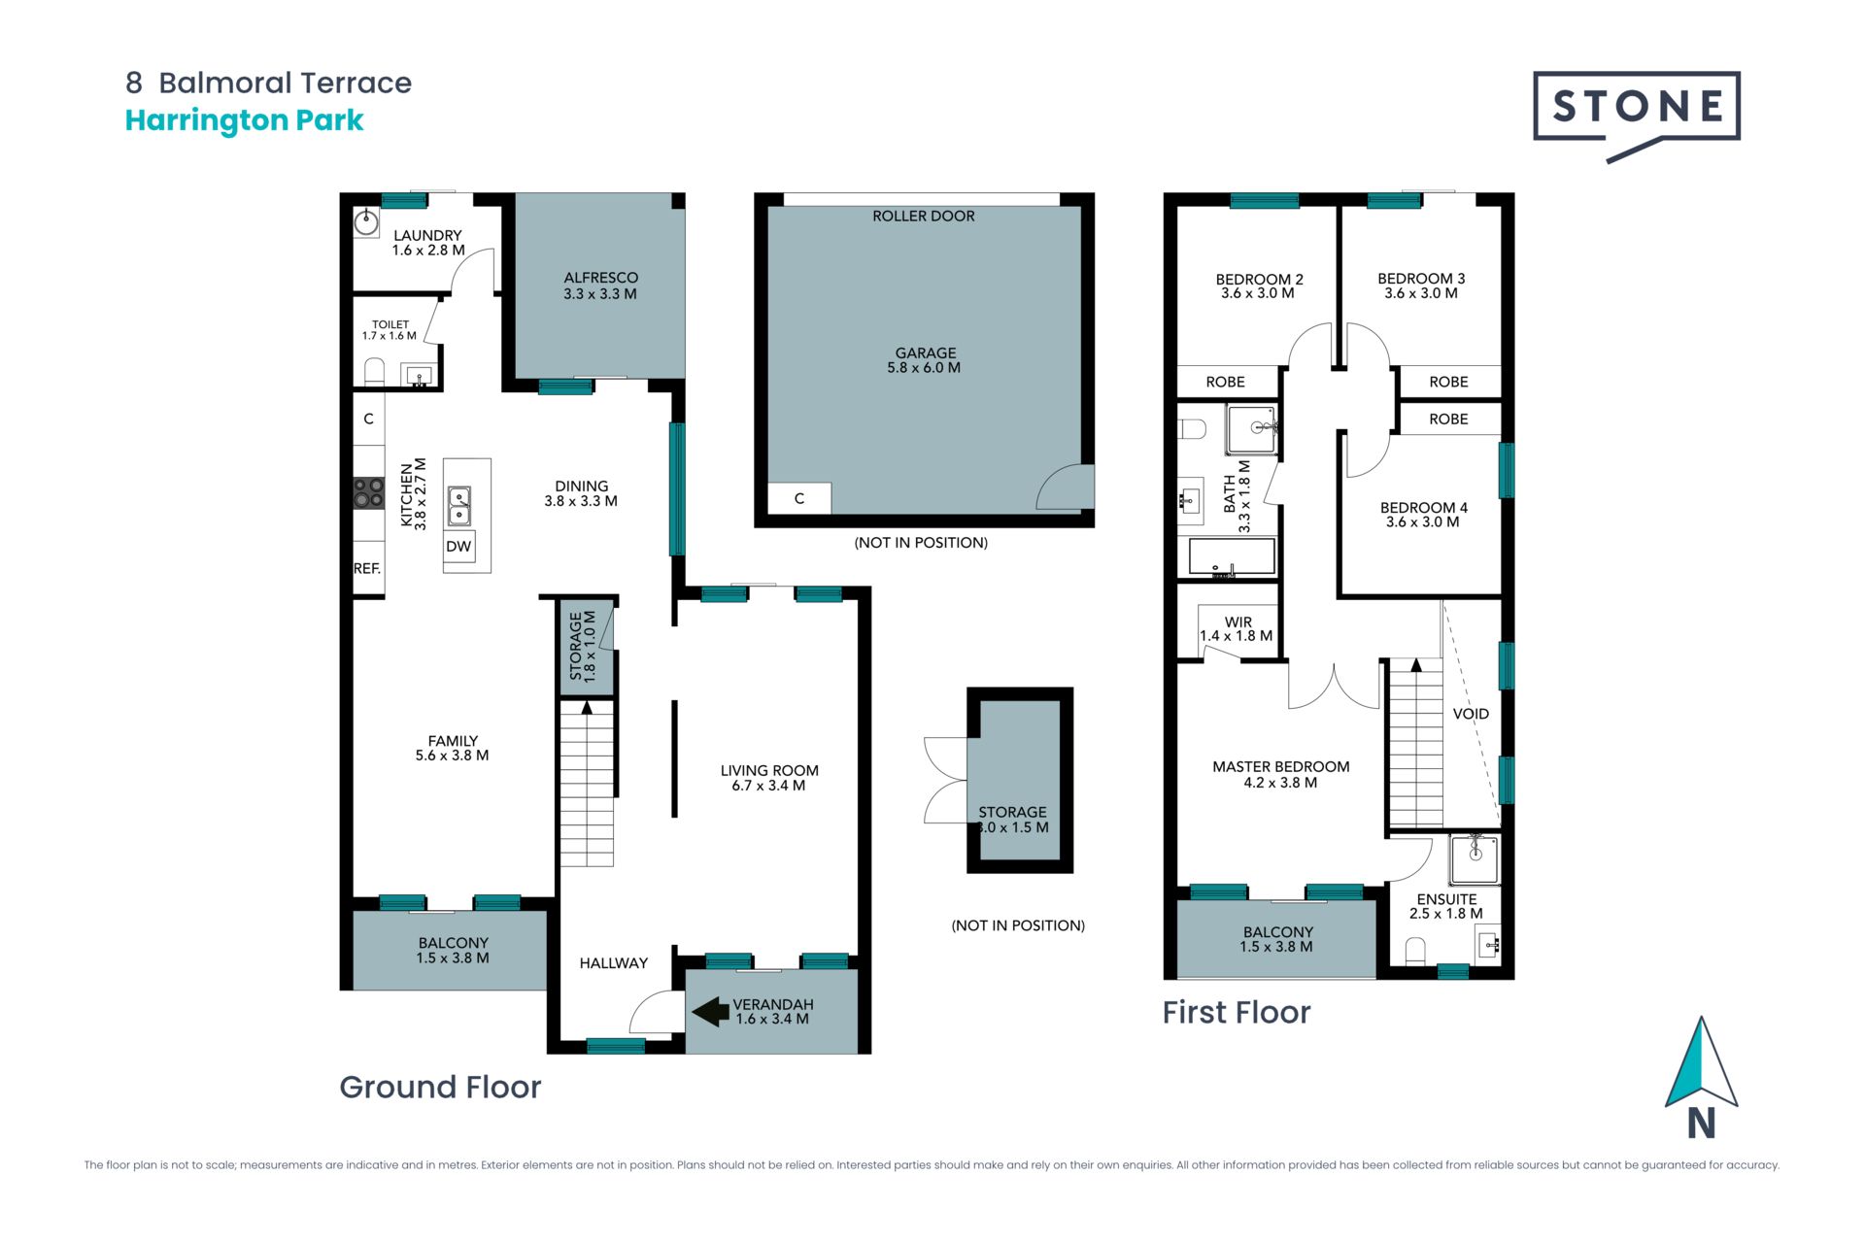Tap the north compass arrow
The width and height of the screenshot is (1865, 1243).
coord(1701,1062)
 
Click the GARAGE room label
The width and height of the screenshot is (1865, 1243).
coord(925,353)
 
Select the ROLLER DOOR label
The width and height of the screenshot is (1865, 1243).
coord(923,217)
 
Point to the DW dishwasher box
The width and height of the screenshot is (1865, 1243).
coord(458,547)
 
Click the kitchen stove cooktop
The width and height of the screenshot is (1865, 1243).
coord(368,492)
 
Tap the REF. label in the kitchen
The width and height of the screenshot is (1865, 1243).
coord(367,569)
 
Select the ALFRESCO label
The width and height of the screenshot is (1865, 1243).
coord(600,278)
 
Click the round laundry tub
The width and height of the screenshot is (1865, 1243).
coord(365,222)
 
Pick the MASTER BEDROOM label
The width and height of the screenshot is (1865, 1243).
coord(1280,767)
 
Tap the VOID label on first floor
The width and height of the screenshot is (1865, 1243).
coord(1471,714)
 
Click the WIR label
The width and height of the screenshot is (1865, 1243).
coord(1238,622)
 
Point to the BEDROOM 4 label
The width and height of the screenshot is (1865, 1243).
coord(1423,508)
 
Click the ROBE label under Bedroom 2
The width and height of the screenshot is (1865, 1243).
coord(1225,383)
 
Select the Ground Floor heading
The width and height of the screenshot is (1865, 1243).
coord(440,1087)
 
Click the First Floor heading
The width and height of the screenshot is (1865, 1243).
coord(1237,1012)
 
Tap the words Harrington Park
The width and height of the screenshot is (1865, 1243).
coord(244,120)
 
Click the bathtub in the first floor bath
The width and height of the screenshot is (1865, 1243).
coord(1232,558)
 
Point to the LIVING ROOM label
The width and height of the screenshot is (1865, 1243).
coord(769,771)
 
